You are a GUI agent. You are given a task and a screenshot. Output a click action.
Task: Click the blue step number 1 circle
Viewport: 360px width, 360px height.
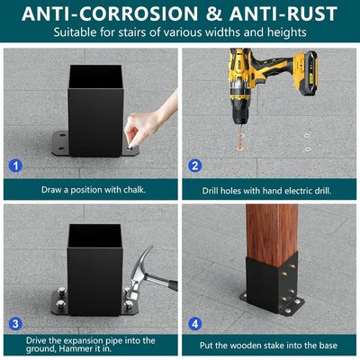coord(15,166)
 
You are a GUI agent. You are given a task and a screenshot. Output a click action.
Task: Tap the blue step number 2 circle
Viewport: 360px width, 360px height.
coord(195,166)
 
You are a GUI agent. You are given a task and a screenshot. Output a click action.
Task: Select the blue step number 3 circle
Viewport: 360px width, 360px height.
coord(15,324)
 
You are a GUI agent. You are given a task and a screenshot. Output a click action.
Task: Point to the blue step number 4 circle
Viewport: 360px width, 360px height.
coord(195,324)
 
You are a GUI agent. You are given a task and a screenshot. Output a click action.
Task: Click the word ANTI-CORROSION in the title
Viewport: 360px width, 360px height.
coord(110,13)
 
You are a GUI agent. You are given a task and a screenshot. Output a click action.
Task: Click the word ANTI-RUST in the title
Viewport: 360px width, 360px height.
coord(283,13)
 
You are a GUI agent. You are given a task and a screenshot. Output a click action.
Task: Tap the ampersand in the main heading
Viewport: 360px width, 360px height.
coord(213,13)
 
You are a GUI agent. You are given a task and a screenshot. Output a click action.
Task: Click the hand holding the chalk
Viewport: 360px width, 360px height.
coord(150,120)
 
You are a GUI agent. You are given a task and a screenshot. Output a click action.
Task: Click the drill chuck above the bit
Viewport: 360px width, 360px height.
coord(240,112)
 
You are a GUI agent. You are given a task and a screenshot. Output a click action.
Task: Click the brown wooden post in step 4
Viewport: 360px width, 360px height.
coord(272,235)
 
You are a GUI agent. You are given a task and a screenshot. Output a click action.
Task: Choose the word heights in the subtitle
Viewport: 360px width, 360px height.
coord(287,32)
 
